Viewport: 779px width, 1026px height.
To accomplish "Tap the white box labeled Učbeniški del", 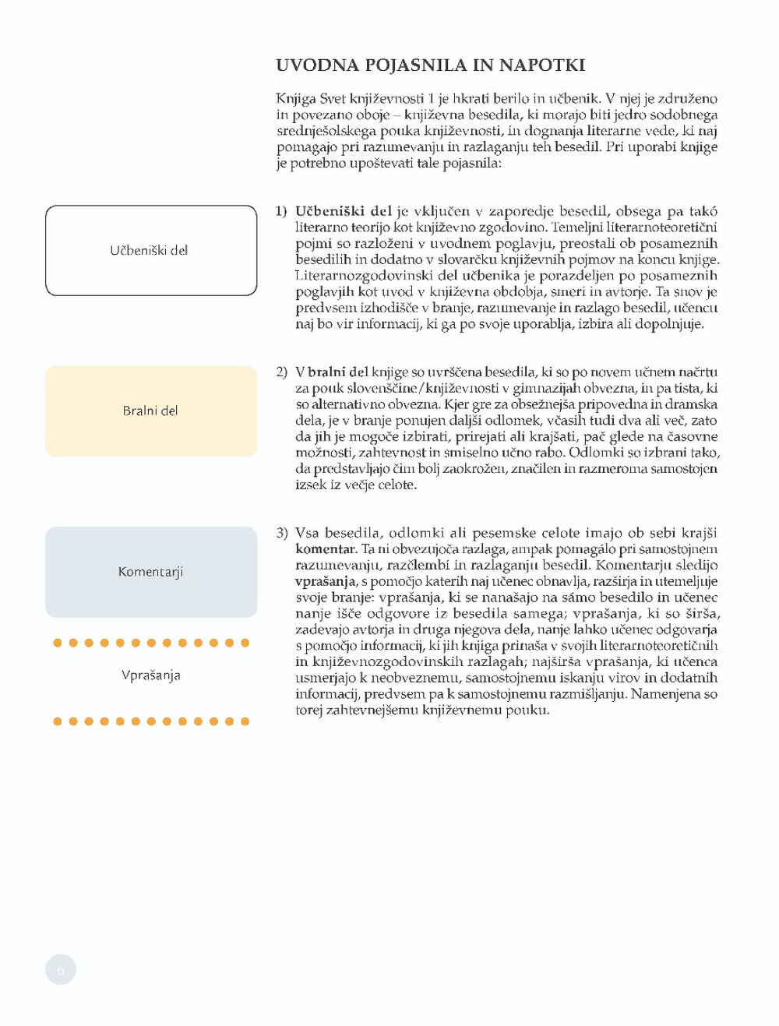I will click(x=151, y=250).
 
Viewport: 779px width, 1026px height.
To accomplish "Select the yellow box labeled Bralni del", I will click(x=151, y=411).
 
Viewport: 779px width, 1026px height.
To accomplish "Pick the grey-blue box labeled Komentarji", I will click(x=151, y=572).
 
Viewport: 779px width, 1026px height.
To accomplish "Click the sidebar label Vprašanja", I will click(x=151, y=675).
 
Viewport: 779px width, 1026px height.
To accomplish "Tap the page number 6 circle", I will click(x=61, y=970).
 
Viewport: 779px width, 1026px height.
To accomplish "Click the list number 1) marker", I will click(x=281, y=211).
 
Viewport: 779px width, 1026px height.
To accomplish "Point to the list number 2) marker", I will click(x=281, y=372).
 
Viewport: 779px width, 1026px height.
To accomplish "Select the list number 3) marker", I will click(x=281, y=533).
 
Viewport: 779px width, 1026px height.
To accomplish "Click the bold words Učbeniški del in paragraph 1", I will click(x=344, y=211).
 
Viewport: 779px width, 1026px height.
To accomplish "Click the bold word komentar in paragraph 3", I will click(x=326, y=549).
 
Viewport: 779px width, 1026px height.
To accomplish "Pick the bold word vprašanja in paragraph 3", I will click(x=326, y=581).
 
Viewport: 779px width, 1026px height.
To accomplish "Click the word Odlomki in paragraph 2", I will click(x=595, y=453).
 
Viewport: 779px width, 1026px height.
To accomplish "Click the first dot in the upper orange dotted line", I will click(x=58, y=643).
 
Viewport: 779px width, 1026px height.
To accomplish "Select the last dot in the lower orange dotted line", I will click(x=245, y=721).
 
